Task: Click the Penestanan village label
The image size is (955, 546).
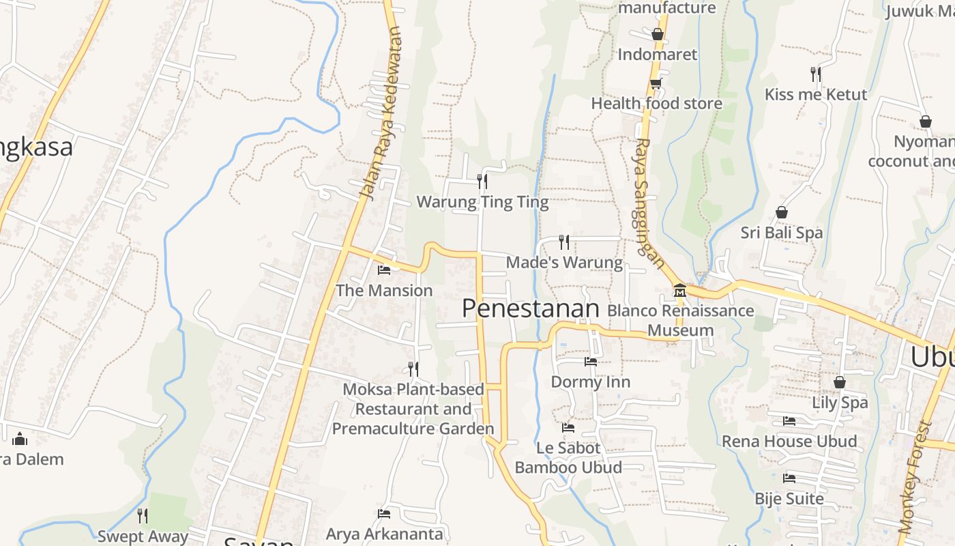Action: point(530,308)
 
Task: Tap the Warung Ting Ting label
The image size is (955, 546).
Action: point(482,202)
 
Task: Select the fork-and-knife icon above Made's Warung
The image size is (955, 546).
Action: point(564,242)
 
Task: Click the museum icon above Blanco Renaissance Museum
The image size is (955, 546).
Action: point(679,291)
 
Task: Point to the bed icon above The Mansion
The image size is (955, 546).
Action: point(384,270)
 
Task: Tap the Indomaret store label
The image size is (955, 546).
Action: point(658,55)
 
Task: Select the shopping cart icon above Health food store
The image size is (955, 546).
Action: point(656,83)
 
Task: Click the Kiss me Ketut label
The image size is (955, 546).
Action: point(816,94)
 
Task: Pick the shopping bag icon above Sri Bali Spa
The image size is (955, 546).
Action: point(782,213)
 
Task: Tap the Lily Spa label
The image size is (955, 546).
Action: point(840,402)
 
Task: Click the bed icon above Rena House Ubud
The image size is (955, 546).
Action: point(789,421)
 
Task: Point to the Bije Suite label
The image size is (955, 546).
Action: point(789,499)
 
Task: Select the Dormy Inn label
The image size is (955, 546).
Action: point(591,382)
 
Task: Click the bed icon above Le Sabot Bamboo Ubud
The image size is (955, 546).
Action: point(568,428)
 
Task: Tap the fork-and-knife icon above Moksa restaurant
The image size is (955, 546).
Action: point(413,369)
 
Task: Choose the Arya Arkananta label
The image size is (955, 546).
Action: point(385,533)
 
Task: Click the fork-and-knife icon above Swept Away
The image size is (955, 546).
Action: point(143,515)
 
